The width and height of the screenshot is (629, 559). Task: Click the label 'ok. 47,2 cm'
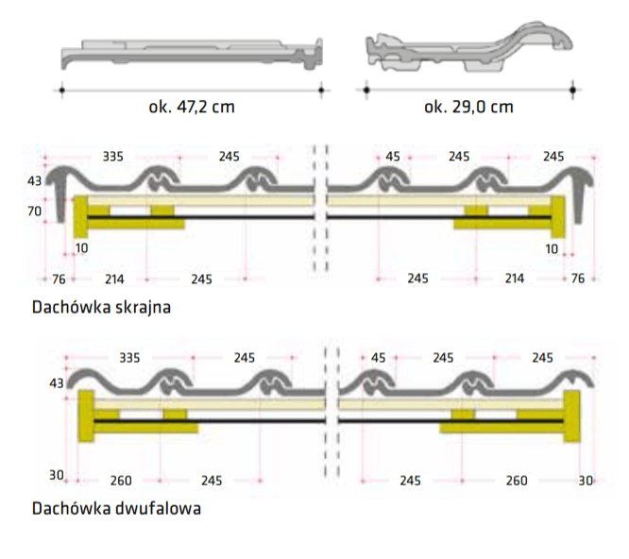pyautogui.click(x=192, y=107)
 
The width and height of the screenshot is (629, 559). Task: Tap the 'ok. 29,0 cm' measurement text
pyautogui.click(x=468, y=107)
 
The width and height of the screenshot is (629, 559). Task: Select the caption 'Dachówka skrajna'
pyautogui.click(x=101, y=308)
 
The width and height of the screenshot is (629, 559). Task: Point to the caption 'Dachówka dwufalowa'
pyautogui.click(x=116, y=508)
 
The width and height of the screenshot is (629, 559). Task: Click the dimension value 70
pyautogui.click(x=35, y=211)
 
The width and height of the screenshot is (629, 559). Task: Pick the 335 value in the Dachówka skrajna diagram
pyautogui.click(x=112, y=157)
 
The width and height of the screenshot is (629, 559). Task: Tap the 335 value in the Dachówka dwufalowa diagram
pyautogui.click(x=129, y=357)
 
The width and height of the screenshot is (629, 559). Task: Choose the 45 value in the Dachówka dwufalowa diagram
pyautogui.click(x=379, y=357)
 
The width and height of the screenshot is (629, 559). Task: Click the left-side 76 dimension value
pyautogui.click(x=59, y=279)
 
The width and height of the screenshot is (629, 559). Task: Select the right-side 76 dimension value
pyautogui.click(x=578, y=279)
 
